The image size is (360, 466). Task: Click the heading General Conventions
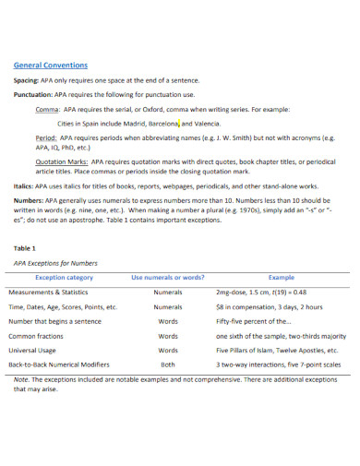tap(51, 66)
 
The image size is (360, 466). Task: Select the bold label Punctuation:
tap(33, 93)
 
